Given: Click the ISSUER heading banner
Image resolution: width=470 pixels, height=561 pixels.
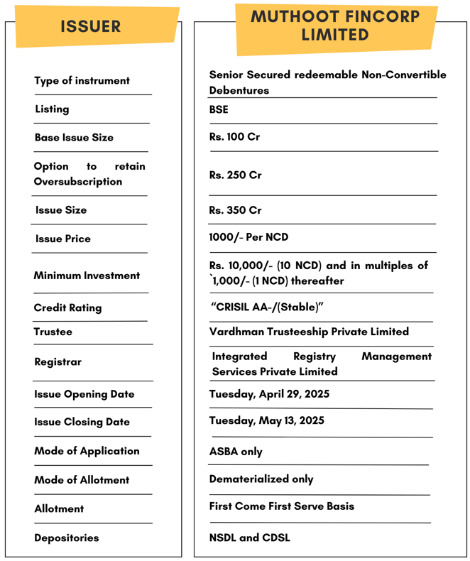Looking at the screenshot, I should click(91, 27).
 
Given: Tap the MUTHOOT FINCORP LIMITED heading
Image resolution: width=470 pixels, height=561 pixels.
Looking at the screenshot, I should click(335, 26).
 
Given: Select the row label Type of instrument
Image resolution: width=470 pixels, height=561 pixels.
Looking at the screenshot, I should click(82, 81).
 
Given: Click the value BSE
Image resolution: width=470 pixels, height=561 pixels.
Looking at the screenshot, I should click(219, 110).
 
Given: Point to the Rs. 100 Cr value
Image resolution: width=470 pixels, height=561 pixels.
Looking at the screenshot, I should click(234, 137).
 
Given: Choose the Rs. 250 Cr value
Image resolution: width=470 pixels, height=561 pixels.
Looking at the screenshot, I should click(235, 175).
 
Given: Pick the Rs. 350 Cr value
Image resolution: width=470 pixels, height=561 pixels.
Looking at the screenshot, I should click(235, 210).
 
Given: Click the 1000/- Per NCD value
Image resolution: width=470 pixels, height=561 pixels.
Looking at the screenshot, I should click(248, 237).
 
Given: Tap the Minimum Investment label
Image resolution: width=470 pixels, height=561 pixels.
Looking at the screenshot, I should click(87, 276).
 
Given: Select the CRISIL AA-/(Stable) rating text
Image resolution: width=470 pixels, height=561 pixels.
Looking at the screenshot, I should click(267, 307).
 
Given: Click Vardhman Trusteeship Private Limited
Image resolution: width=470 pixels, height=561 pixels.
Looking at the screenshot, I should click(309, 332).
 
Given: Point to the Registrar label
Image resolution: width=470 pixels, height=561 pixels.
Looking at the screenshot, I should click(58, 362).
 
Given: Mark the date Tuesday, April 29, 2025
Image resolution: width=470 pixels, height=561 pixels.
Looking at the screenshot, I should click(269, 394).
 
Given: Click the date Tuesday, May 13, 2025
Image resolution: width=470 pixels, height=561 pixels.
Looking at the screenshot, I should click(266, 420).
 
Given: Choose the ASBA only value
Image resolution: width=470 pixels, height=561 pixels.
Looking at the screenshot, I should click(236, 452).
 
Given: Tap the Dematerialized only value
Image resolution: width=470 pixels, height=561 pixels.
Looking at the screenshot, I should click(261, 479).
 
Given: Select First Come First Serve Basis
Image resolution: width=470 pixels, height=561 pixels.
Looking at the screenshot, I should click(281, 506).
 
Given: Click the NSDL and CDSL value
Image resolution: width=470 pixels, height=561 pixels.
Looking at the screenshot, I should click(249, 538).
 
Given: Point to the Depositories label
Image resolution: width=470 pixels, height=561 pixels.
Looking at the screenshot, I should click(67, 538).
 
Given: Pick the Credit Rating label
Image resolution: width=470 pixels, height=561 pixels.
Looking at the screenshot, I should click(67, 308).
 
